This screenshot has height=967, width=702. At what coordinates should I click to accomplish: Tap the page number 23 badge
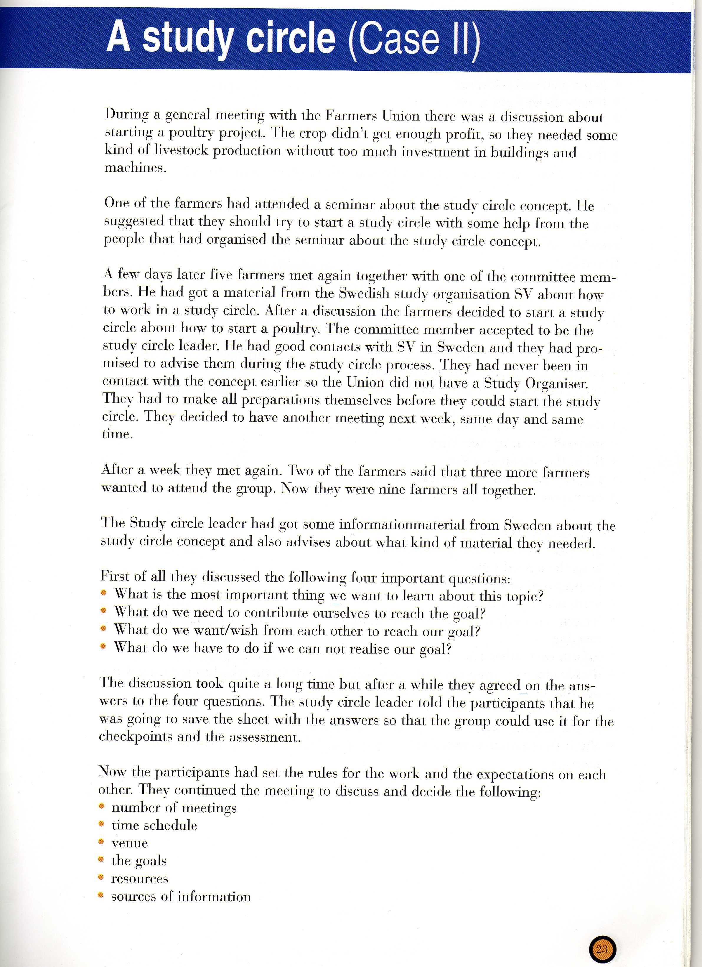point(602,949)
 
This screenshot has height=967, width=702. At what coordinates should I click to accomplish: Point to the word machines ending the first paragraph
point(135,168)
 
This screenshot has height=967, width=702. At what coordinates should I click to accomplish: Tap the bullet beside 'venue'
point(101,842)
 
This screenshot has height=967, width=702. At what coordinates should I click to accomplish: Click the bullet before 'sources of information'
point(101,895)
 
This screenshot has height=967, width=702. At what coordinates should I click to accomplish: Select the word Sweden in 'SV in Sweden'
point(462,347)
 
